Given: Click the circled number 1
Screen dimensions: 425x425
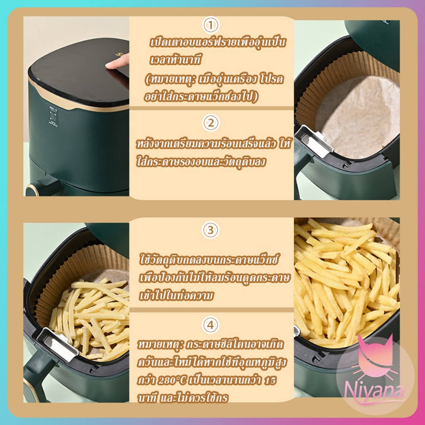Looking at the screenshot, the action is (x=211, y=25).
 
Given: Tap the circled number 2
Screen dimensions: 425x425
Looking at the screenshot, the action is (x=211, y=123).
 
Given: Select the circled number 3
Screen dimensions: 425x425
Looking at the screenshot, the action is (x=211, y=230).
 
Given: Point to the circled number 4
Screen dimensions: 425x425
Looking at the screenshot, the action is (x=211, y=325).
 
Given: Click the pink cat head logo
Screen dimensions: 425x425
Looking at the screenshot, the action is (x=375, y=358).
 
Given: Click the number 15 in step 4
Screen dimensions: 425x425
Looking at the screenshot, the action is (x=269, y=380).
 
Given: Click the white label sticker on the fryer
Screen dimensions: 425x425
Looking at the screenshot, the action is (x=54, y=117).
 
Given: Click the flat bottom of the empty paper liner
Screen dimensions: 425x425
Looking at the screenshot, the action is (x=358, y=117).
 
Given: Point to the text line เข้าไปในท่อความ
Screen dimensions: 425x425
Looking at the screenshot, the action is (x=176, y=296).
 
